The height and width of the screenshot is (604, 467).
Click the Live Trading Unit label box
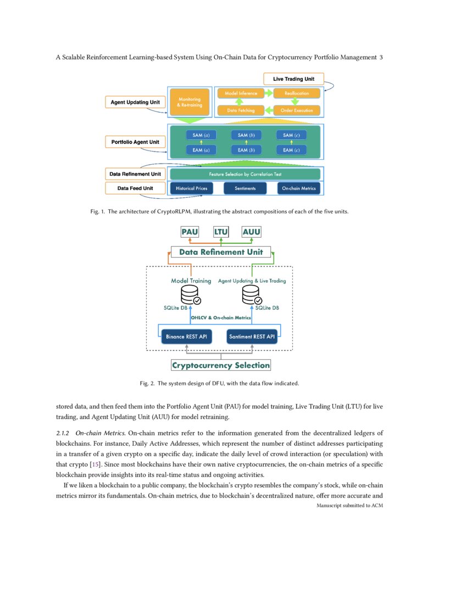[x=294, y=79]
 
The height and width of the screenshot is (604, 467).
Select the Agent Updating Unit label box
[x=135, y=103]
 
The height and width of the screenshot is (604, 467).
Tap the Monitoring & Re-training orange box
[x=190, y=102]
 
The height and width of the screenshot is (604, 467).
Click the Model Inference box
[x=241, y=93]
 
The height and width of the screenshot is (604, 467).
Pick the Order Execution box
[x=297, y=110]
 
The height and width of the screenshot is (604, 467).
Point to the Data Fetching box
[x=241, y=110]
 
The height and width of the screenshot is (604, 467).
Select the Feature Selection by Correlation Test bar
[x=244, y=174]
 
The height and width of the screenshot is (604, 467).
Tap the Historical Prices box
[x=191, y=188]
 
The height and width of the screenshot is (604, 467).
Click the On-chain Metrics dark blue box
[x=299, y=188]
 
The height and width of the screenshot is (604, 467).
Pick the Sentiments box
[x=244, y=188]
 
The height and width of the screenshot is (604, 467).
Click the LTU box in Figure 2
[x=221, y=232]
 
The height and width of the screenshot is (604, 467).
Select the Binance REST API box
[x=186, y=336]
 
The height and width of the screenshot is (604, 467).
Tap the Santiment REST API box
[x=252, y=336]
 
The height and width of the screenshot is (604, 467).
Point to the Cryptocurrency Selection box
[x=221, y=365]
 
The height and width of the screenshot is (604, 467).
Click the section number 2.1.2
[x=64, y=434]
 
